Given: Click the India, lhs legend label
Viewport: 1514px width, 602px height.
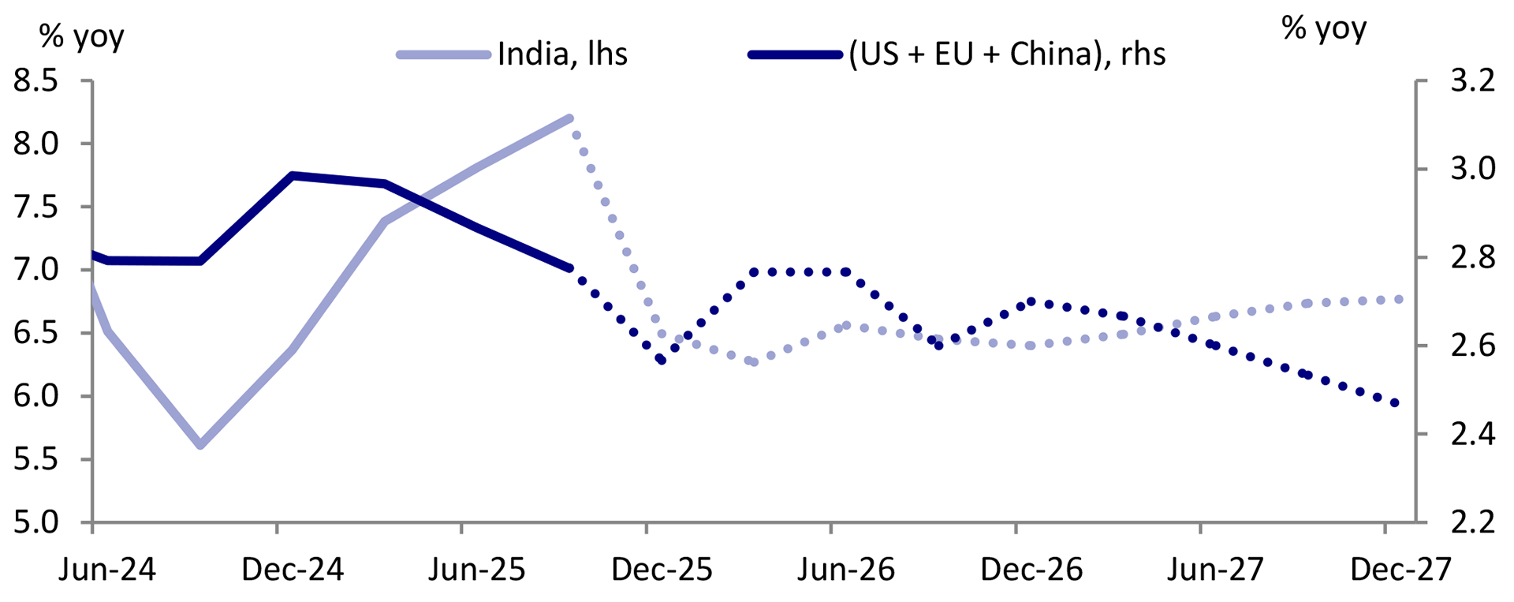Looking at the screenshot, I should (562, 54).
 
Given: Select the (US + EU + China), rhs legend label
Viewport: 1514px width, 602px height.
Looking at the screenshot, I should (1007, 54).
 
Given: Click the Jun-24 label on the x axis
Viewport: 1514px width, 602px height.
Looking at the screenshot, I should (107, 569).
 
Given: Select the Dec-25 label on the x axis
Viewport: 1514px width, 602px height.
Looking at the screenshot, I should (662, 569).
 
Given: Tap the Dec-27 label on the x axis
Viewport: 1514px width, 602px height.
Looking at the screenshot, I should (1400, 569).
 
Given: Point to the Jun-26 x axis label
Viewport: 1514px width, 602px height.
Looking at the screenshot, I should (846, 569).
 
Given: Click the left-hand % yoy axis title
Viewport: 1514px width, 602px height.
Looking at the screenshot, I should (82, 36).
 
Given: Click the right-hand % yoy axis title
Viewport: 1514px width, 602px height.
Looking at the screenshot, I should (1324, 28).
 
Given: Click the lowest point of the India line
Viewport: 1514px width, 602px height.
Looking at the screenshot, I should (200, 445).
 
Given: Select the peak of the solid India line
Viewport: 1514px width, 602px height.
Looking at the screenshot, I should (569, 118).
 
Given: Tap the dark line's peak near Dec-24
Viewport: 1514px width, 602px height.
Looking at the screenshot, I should (292, 176).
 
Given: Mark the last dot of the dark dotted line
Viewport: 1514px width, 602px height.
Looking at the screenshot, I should (1395, 403).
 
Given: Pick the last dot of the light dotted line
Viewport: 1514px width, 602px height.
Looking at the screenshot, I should (1399, 299).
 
